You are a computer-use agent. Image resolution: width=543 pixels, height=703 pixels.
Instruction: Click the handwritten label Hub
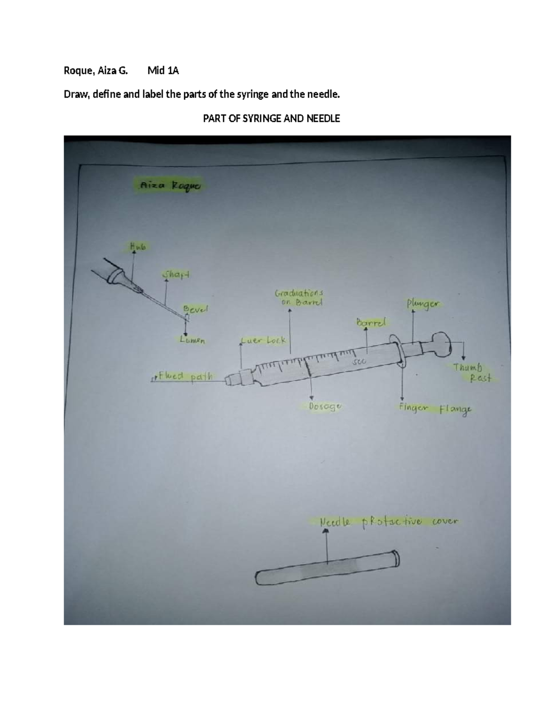coord(138,247)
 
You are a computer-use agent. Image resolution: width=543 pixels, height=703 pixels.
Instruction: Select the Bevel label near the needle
coord(195,309)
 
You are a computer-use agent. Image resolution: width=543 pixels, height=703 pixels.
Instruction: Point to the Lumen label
coord(192,340)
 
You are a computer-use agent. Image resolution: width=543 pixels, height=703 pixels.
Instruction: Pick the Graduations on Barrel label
coord(299,298)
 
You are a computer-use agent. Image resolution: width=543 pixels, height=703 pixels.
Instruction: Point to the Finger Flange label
coord(434,409)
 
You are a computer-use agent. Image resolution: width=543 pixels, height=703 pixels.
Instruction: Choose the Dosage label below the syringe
coord(324,406)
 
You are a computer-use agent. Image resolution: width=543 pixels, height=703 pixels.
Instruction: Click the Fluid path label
coord(185,376)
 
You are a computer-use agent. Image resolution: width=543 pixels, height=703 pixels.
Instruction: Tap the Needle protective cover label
coord(388,521)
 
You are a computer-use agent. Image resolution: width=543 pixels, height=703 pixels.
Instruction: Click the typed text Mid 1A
coord(163,71)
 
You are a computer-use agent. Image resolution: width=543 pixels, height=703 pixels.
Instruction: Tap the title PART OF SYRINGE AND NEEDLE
coord(271,119)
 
